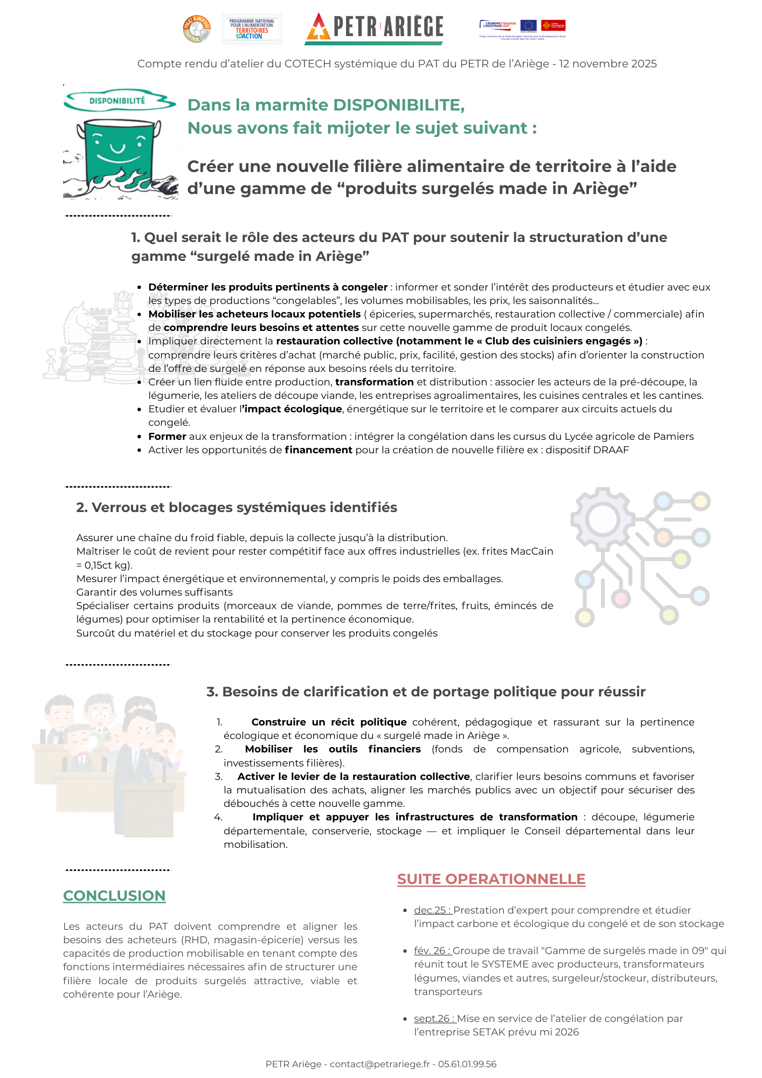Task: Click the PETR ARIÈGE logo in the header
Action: pos(375,28)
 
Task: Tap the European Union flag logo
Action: pos(528,25)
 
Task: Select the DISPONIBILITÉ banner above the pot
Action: pos(117,101)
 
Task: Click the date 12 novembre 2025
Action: pos(608,64)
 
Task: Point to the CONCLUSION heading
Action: pos(114,895)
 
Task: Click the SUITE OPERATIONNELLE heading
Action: pos(491,879)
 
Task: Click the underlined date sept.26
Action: pos(434,1018)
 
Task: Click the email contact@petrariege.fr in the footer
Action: pos(380,1063)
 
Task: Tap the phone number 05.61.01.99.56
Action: pos(467,1063)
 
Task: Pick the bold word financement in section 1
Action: pos(318,450)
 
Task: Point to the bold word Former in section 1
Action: pos(167,436)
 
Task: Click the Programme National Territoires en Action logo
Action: pos(252,29)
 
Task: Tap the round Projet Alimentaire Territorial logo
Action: pos(197,29)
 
